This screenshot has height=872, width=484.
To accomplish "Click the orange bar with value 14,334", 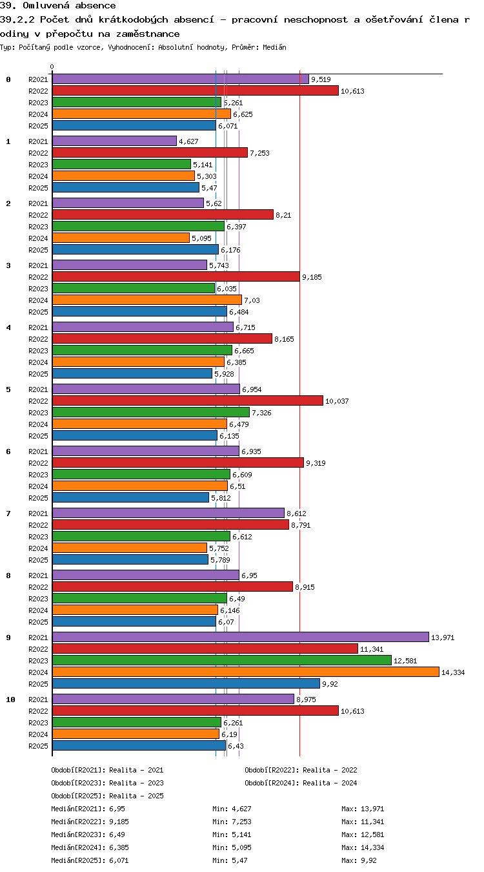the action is click(245, 672).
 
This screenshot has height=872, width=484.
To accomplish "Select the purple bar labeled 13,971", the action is click(241, 637).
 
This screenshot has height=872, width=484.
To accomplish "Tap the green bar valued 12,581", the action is click(222, 660).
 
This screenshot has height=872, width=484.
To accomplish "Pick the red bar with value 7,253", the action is click(150, 152).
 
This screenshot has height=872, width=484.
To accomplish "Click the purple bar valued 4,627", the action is click(114, 141).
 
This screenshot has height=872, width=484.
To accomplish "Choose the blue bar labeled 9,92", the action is click(186, 683).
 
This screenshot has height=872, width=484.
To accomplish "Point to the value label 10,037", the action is click(337, 401).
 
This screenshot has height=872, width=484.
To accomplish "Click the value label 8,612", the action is click(296, 514).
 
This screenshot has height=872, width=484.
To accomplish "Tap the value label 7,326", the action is click(261, 413).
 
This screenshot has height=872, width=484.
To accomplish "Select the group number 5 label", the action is click(8, 389).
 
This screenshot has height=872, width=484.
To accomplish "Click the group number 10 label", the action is click(10, 700).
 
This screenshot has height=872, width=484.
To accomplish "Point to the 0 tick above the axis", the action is click(52, 67).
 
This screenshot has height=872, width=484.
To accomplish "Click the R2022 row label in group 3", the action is click(38, 277).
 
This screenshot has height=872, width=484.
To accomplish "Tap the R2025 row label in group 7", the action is click(38, 560).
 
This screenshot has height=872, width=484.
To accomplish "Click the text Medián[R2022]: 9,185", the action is click(90, 822).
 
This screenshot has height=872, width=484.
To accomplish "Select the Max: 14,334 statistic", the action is click(363, 847).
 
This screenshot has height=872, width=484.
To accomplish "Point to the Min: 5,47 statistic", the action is click(230, 860).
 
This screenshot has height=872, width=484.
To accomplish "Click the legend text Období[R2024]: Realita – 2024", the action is click(301, 783).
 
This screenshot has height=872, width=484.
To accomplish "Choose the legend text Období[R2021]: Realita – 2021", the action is click(107, 770).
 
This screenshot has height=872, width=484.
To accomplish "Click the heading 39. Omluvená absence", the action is click(58, 5).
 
